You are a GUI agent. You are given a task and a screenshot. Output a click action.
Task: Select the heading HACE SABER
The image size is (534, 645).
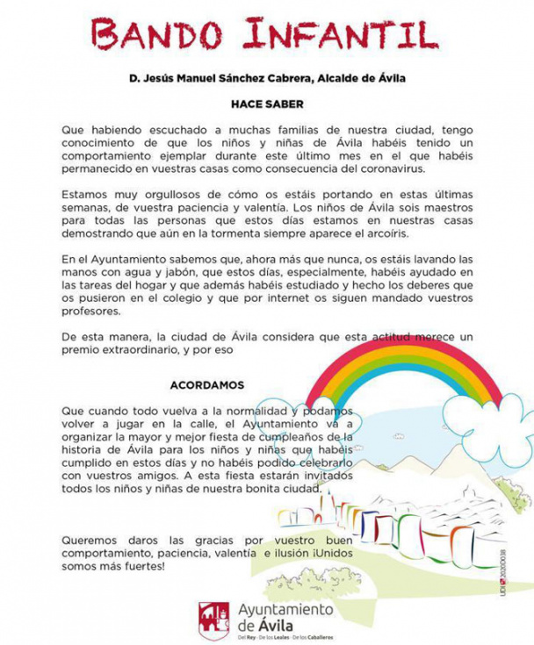(267, 103)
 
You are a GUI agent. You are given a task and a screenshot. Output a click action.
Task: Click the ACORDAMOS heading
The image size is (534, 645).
(207, 385)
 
